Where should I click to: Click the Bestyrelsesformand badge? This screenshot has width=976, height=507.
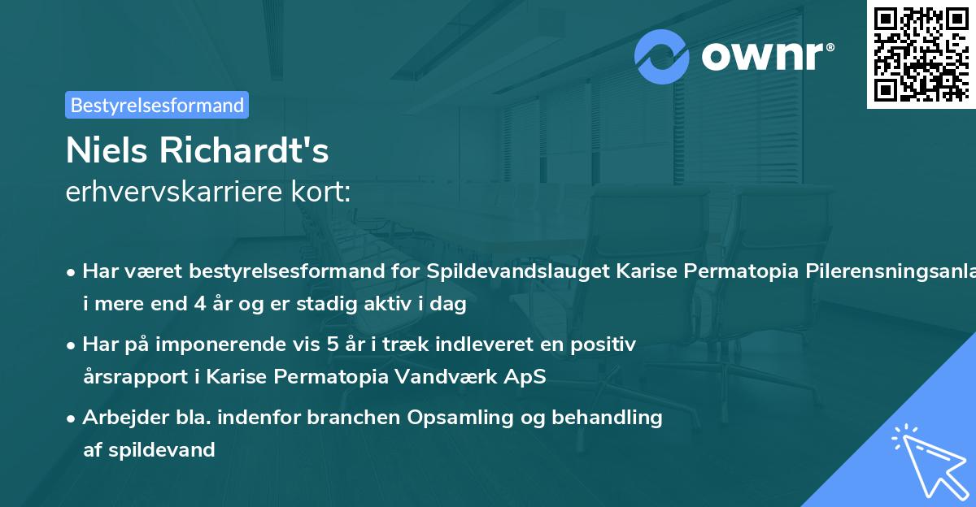coord(157,105)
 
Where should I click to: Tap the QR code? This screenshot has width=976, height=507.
coord(921,54)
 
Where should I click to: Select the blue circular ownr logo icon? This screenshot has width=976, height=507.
coord(662,56)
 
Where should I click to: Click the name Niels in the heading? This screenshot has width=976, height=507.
coord(110,150)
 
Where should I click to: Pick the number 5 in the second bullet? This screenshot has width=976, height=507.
coord(333,344)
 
